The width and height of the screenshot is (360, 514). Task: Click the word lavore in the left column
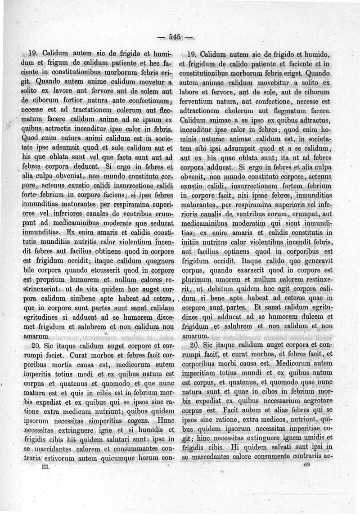(x=65, y=91)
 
